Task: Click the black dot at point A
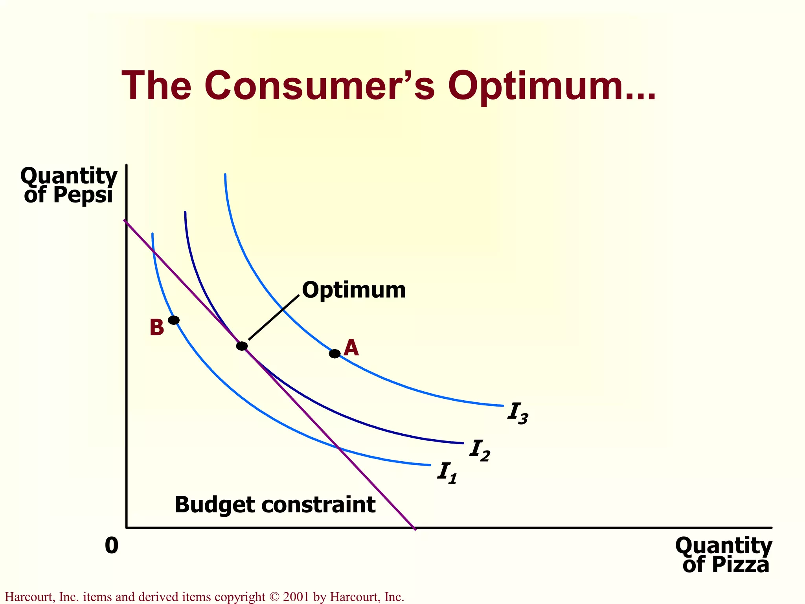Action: [x=334, y=354]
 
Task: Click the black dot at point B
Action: [x=174, y=320]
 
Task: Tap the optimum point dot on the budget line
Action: [x=242, y=346]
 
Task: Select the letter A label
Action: [x=351, y=348]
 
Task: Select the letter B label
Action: [x=156, y=328]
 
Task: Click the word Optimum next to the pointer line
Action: [x=354, y=291]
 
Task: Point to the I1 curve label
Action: [x=447, y=473]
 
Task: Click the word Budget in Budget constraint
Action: [x=215, y=505]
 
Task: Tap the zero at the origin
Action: [x=112, y=546]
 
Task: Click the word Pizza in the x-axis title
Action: [x=740, y=565]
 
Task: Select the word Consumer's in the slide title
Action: [x=319, y=86]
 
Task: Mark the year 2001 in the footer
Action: [x=297, y=597]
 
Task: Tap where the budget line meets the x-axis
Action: [x=414, y=528]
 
